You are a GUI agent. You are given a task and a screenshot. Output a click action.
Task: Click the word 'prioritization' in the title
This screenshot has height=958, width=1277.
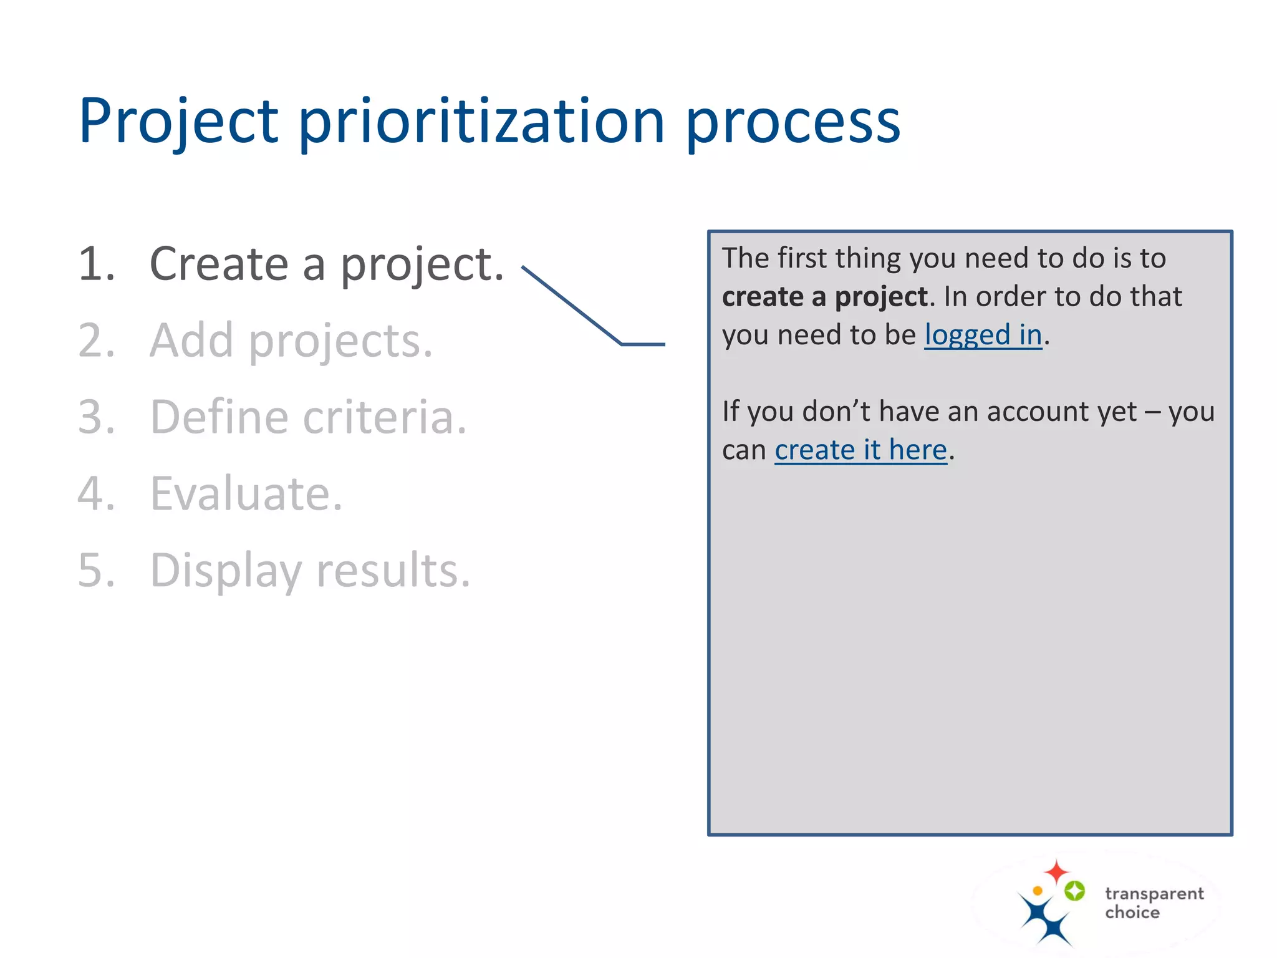(481, 122)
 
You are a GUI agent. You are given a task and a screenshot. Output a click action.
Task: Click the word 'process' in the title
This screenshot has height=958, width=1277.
(793, 122)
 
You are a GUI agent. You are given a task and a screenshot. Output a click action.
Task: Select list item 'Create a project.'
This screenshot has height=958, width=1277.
(327, 264)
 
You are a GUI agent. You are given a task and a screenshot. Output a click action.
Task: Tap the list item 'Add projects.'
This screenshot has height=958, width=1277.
(291, 341)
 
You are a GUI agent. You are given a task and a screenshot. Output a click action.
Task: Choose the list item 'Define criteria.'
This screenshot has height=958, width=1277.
(308, 417)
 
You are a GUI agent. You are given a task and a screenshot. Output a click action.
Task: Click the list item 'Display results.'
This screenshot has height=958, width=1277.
(310, 570)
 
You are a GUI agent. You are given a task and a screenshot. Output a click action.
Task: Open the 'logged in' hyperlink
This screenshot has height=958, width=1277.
(983, 335)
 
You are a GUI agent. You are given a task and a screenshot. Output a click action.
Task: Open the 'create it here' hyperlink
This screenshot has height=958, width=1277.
(860, 450)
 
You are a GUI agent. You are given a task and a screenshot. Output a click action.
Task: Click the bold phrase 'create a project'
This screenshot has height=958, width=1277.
(825, 297)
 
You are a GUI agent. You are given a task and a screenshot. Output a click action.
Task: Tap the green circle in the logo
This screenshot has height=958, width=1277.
(1074, 891)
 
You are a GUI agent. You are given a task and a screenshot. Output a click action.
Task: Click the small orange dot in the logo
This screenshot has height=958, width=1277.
(1038, 891)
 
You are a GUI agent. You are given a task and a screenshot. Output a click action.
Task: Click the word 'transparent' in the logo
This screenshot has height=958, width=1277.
(1154, 894)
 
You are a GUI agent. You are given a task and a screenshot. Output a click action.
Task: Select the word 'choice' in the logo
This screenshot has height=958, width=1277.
(1132, 912)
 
